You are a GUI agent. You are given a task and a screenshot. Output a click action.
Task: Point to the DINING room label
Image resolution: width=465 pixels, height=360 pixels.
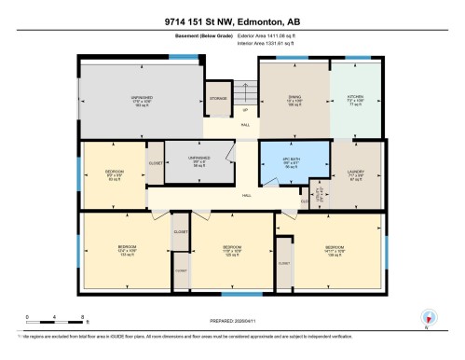coord(294,96)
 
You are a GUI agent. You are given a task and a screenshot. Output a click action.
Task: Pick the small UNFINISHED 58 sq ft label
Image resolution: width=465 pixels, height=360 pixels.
coord(198,159)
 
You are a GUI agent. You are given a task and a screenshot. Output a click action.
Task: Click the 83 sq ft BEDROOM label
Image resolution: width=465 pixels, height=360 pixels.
coord(115,173)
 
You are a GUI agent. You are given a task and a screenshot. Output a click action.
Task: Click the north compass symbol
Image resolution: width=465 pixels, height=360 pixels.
coord(428,317)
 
